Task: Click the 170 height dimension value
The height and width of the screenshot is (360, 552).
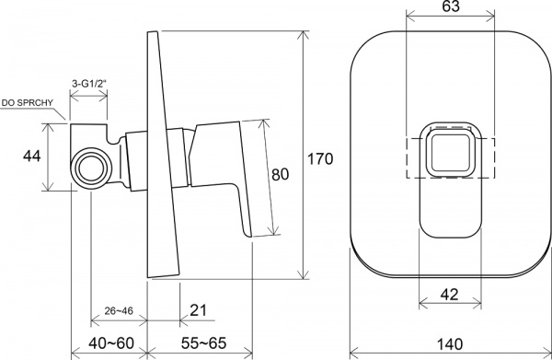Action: click(x=320, y=159)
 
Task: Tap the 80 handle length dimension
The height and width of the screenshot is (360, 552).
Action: click(x=281, y=174)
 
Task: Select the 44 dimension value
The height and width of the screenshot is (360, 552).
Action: click(x=31, y=156)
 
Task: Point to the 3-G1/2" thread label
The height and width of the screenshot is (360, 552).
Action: click(x=88, y=84)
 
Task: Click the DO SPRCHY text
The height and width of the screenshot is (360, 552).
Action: click(x=27, y=103)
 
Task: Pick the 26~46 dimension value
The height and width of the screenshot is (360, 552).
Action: click(x=119, y=310)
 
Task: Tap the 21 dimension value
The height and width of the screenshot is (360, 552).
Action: click(x=198, y=310)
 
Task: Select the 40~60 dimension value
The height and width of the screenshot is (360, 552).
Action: click(x=111, y=343)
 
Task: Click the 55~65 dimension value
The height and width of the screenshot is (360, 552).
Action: click(x=204, y=343)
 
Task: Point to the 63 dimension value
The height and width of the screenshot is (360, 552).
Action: click(x=451, y=6)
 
